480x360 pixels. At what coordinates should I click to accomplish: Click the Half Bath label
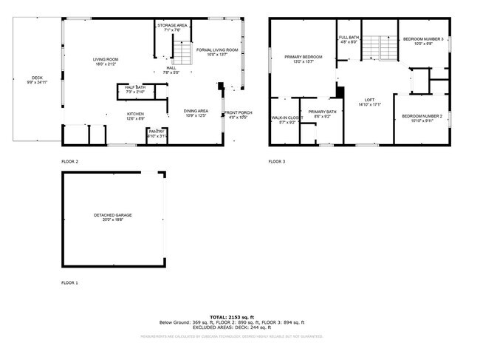[134, 89]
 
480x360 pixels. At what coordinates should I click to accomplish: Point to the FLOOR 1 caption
[70, 283]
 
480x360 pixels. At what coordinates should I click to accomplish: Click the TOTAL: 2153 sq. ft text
[232, 317]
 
